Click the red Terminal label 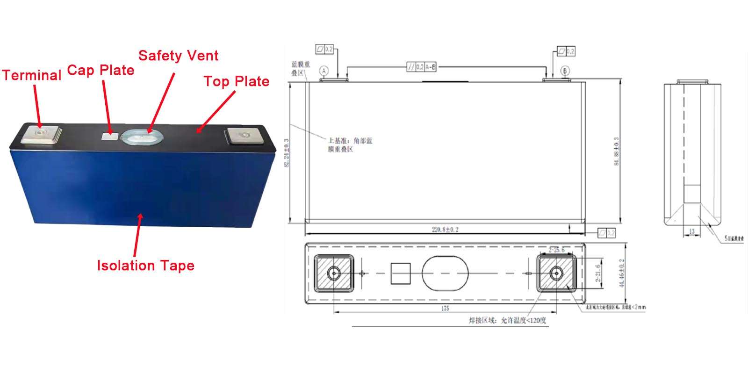[32, 75]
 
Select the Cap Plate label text [101, 70]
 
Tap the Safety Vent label [178, 56]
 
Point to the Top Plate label [236, 81]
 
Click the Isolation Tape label [145, 266]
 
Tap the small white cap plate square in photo [110, 136]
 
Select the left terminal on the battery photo [42, 134]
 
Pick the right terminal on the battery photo [243, 136]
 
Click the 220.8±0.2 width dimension [445, 230]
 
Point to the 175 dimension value [445, 309]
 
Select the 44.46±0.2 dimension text [622, 274]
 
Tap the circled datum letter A [324, 71]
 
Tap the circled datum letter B [565, 71]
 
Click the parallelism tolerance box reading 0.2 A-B [422, 67]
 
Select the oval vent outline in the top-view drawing [445, 273]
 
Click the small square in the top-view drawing [400, 273]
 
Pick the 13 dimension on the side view [691, 231]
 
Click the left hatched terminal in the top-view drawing [333, 273]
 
